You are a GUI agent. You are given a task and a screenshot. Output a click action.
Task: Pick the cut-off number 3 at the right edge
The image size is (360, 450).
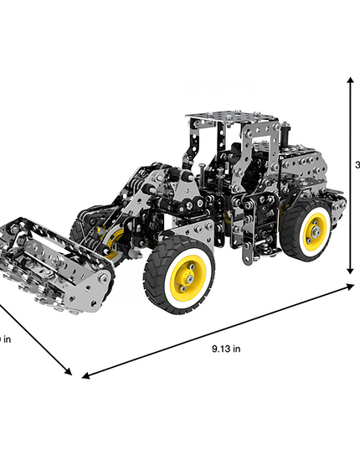pyautogui.click(x=357, y=165)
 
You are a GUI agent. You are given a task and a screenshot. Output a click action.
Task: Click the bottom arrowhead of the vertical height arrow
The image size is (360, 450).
pyautogui.click(x=350, y=270)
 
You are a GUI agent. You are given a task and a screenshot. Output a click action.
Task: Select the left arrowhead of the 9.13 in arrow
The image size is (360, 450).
pyautogui.click(x=84, y=375)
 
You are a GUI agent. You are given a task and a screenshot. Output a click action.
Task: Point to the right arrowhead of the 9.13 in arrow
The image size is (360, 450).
pyautogui.click(x=352, y=287)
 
